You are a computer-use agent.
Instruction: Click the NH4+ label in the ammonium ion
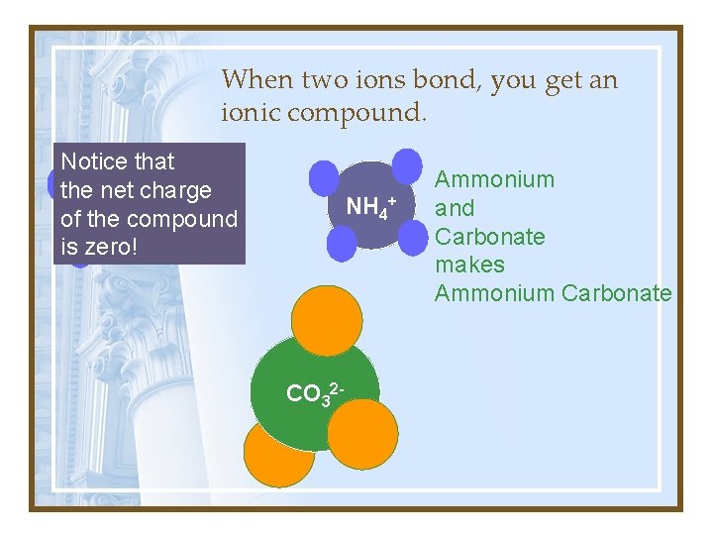coord(370,207)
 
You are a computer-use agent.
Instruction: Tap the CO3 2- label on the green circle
coord(314,393)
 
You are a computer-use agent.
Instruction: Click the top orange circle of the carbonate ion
coord(327,318)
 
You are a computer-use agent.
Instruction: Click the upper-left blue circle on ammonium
coord(324,177)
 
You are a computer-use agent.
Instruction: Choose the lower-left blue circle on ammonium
coord(341,244)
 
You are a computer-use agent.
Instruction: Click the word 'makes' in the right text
coord(470,265)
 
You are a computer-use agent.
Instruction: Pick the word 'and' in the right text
coord(456,208)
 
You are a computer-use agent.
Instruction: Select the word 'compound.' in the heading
coord(357,114)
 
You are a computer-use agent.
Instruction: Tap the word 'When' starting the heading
coord(255,79)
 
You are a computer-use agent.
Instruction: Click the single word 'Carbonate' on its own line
coord(490,237)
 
